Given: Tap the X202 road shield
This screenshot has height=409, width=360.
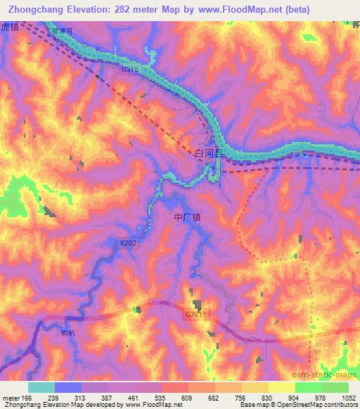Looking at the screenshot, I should [128, 243].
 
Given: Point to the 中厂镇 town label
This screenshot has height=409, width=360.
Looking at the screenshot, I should [188, 219].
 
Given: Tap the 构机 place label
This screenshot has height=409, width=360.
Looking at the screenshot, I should [68, 335].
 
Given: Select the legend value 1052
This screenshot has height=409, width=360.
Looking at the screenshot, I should [349, 397].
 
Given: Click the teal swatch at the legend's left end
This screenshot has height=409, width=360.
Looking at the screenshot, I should [41, 387].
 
